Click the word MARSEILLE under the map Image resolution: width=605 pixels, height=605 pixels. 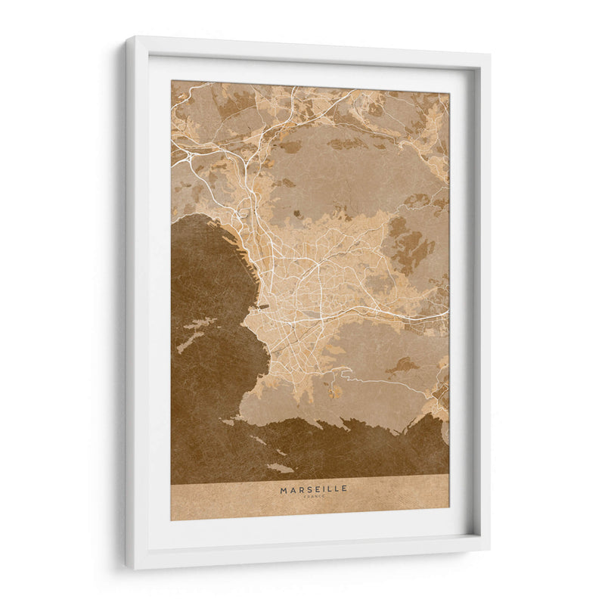pos(314,489)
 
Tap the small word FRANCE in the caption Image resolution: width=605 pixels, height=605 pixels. pos(314,497)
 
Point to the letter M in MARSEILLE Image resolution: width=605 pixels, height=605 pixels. pos(284,489)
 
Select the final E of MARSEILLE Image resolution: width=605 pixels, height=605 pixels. pos(345,489)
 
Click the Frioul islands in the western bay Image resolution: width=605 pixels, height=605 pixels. pos(194,334)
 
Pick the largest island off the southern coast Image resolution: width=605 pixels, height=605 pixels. pos(280,468)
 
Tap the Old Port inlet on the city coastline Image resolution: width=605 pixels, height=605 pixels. pos(261,307)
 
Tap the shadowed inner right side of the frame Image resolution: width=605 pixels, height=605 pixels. pos(474,302)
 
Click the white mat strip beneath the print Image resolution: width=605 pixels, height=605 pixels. pos(310,532)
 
